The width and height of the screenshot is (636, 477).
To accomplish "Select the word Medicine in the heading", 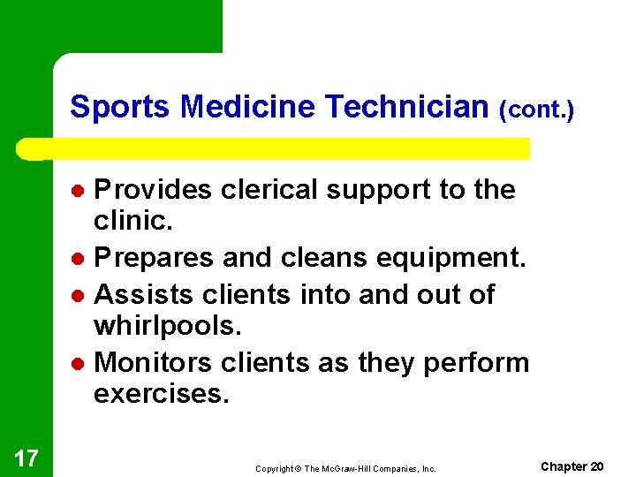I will coord(248,108).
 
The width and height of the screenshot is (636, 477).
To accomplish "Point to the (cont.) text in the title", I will coord(537,110).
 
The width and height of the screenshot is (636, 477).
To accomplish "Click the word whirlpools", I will coord(166,328).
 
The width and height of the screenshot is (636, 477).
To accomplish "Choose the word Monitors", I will coord(154,362).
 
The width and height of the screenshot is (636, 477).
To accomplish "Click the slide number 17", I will coord(26,457).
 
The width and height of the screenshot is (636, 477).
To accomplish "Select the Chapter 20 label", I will coord(572,466).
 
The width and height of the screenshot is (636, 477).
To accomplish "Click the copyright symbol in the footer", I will coord(298,469).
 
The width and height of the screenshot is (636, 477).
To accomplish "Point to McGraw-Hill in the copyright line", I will coord(353,469).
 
